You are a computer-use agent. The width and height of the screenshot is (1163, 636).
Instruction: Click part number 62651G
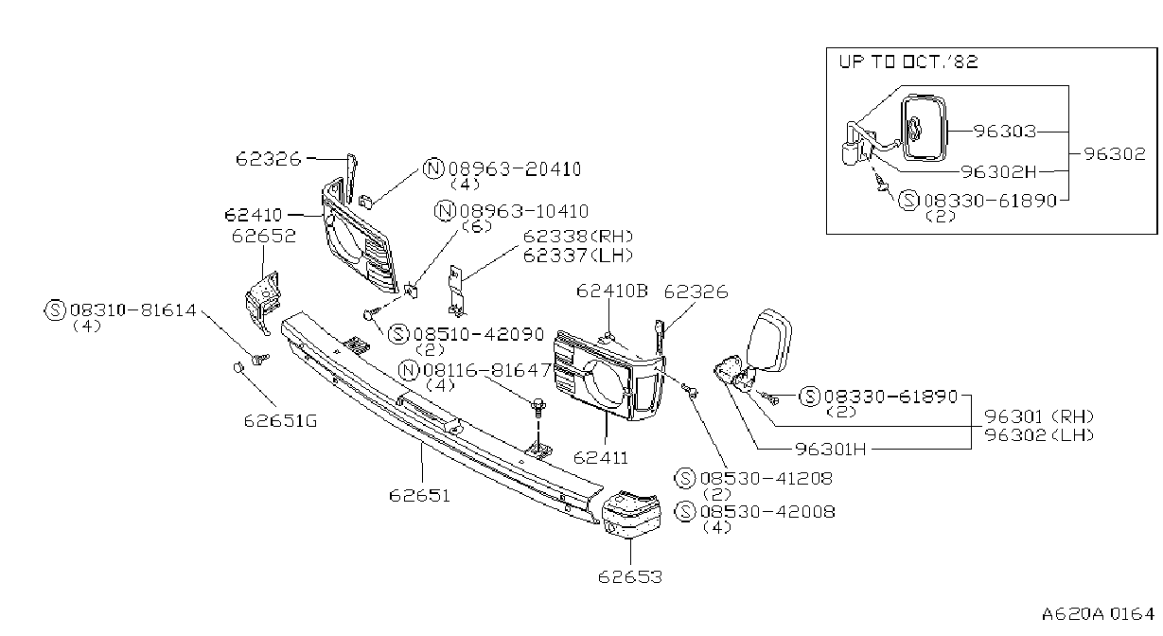coord(280,420)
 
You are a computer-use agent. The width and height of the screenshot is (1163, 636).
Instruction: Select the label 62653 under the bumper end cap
coord(630,576)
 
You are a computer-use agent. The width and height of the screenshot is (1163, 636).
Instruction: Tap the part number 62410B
coord(612,291)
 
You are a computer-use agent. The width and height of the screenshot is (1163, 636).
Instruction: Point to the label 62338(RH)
coord(578,237)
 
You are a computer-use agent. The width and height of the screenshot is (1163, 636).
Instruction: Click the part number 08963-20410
coord(515,169)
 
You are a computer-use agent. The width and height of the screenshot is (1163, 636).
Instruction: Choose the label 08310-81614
coord(133,310)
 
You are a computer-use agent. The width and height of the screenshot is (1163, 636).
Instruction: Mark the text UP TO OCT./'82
coord(908,62)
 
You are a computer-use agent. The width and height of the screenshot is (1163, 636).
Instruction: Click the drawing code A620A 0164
coord(1098,614)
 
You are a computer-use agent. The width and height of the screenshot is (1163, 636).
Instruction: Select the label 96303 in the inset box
coord(1005,132)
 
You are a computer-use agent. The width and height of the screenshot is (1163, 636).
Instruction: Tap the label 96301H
coord(831,450)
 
